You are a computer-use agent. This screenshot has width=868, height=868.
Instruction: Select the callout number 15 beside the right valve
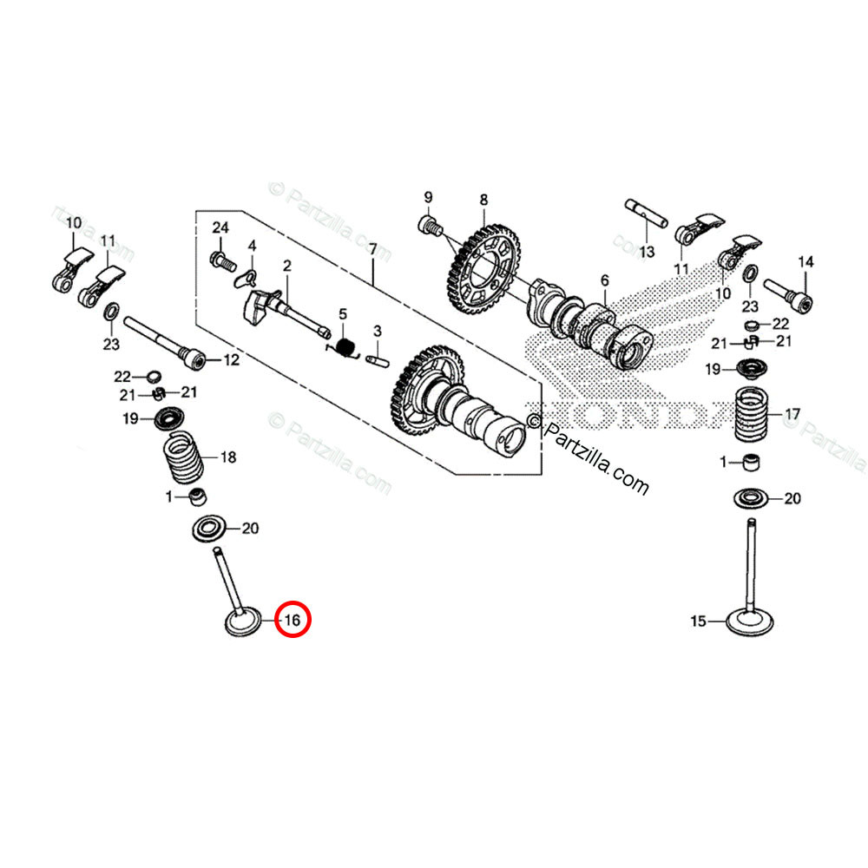coord(699,621)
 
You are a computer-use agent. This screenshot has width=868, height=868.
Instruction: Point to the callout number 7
coord(372,249)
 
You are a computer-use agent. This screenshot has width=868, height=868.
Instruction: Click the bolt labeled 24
coord(220,258)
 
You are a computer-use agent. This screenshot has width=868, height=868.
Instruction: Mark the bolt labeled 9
coord(426,226)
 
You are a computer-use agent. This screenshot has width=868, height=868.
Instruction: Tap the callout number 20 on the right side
coord(792,498)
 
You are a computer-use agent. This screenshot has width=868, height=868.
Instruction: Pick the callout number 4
coord(252,247)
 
